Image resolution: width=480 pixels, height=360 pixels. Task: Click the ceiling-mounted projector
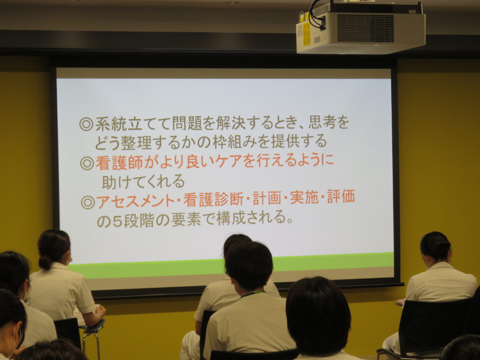[360, 28]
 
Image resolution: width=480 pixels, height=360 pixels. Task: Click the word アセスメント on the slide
[135, 201]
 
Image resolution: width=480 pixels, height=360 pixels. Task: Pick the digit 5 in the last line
[117, 221]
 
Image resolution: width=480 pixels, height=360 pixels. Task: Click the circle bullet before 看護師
[87, 164]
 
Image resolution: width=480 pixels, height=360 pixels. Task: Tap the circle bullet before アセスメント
[88, 202]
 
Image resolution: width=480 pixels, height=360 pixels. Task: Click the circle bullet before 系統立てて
[86, 124]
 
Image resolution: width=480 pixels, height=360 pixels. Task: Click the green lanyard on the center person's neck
[252, 294]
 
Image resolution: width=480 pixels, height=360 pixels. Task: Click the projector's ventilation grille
[365, 28]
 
